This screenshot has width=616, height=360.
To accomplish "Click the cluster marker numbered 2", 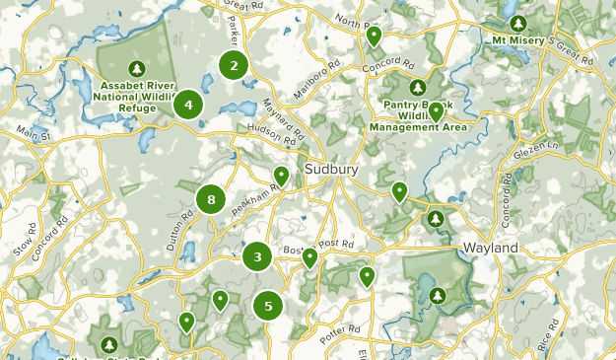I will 234,66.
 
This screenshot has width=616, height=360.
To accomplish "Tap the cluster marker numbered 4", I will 188,103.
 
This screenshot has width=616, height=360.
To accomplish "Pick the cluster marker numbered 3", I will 257,257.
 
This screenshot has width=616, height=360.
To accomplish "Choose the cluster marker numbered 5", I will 268,306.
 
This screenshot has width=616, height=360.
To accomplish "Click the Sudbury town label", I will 332,170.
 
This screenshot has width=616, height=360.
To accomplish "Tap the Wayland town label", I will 490,249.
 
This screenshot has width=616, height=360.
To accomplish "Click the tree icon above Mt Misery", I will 518,22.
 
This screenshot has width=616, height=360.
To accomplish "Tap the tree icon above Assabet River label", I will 138,68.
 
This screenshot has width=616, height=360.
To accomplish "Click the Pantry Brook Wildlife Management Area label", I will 418,114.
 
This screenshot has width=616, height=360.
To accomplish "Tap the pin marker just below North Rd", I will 374,37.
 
